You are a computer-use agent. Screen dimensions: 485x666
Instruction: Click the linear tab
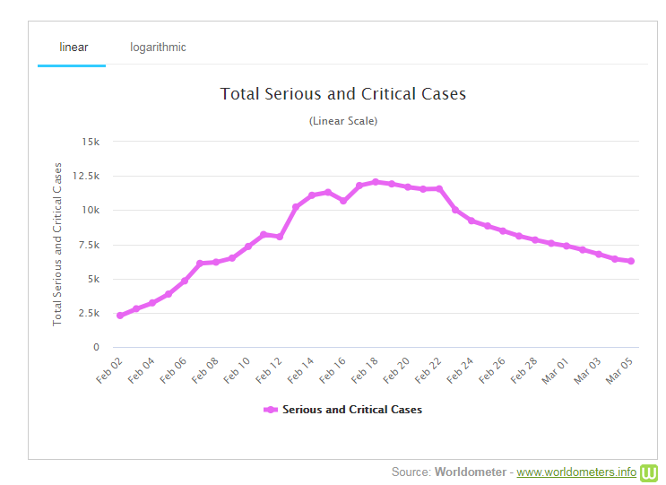point(73,47)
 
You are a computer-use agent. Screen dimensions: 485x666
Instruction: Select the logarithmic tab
point(158,47)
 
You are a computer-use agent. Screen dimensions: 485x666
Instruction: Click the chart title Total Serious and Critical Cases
point(343,94)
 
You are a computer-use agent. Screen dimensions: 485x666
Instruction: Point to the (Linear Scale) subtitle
point(343,121)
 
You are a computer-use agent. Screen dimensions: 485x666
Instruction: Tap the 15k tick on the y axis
point(91,142)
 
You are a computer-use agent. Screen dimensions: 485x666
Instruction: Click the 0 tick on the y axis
point(96,348)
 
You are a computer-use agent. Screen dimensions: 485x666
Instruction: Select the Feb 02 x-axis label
point(108,369)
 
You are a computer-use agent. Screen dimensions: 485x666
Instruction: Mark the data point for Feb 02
point(120,316)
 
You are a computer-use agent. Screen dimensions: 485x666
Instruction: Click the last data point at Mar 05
point(632,261)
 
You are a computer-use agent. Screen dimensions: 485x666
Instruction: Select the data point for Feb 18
point(376,182)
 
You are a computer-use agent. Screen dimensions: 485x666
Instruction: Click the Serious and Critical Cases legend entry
point(343,410)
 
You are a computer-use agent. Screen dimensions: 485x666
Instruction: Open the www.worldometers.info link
point(576,472)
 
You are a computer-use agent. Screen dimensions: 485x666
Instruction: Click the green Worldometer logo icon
point(650,472)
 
